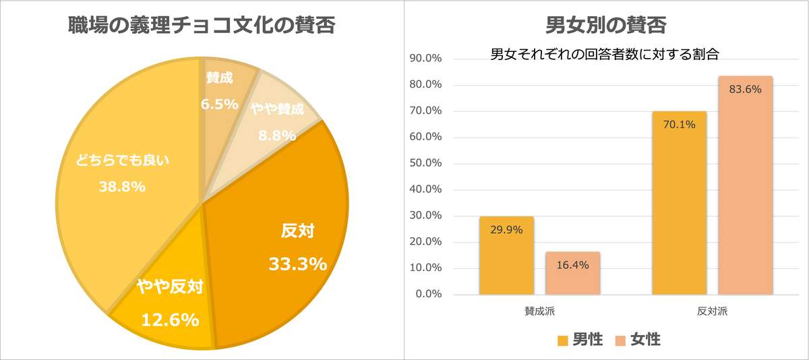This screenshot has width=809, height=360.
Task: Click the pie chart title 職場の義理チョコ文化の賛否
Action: [x=202, y=26]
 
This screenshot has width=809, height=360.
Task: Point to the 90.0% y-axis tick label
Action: [x=425, y=59]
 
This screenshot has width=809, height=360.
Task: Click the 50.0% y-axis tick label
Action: [x=425, y=163]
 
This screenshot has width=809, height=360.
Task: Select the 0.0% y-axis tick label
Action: [x=428, y=294]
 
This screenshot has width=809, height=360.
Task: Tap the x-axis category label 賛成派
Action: [x=540, y=312]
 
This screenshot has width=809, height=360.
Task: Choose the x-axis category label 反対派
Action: [x=713, y=312]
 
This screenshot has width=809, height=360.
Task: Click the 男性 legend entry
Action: [x=580, y=340]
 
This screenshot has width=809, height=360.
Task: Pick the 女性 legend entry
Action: [x=638, y=340]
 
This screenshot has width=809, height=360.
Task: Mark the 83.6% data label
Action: [x=745, y=89]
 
